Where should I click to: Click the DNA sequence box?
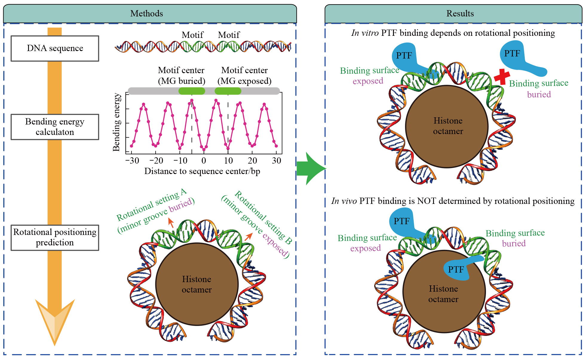click(55, 48)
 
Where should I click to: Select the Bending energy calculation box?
click(55, 127)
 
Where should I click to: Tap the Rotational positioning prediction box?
click(55, 237)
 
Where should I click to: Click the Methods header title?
click(147, 13)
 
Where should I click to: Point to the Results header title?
click(460, 13)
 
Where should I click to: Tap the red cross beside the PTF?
click(502, 76)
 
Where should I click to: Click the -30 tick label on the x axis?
click(132, 161)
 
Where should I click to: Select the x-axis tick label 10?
click(228, 161)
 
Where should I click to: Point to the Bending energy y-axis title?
click(116, 122)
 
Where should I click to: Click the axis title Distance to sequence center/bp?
click(202, 171)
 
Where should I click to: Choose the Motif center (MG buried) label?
click(181, 76)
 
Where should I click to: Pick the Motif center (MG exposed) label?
click(244, 76)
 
